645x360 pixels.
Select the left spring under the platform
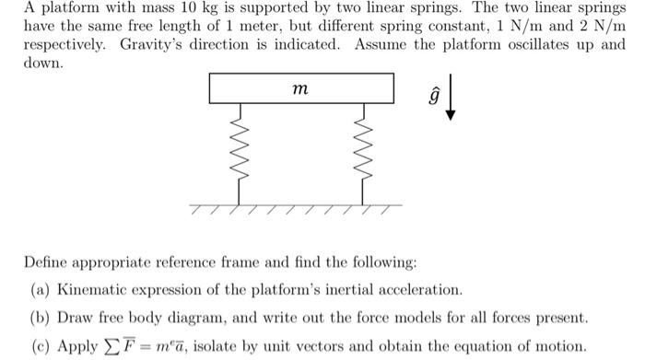[x=240, y=150]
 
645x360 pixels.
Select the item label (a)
[x=41, y=290]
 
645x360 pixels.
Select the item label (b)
[x=41, y=319]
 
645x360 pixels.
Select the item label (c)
[x=41, y=347]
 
